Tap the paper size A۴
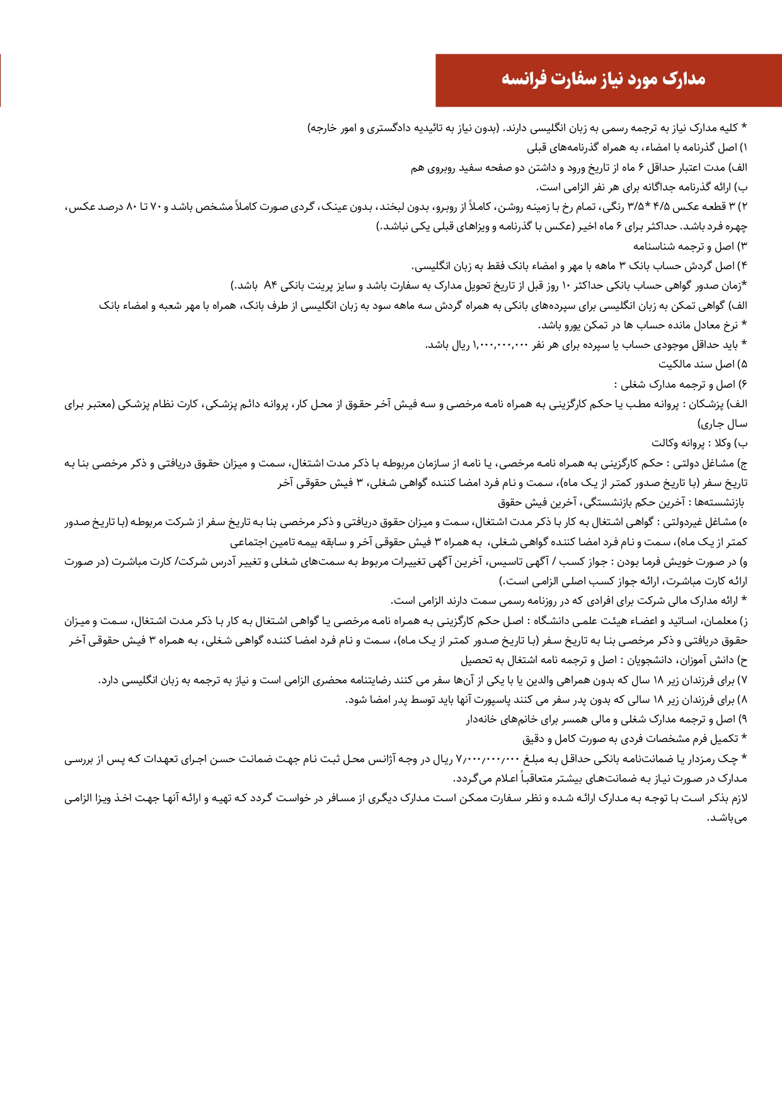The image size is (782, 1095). (x=270, y=286)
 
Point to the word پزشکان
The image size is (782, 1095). (x=712, y=404)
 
